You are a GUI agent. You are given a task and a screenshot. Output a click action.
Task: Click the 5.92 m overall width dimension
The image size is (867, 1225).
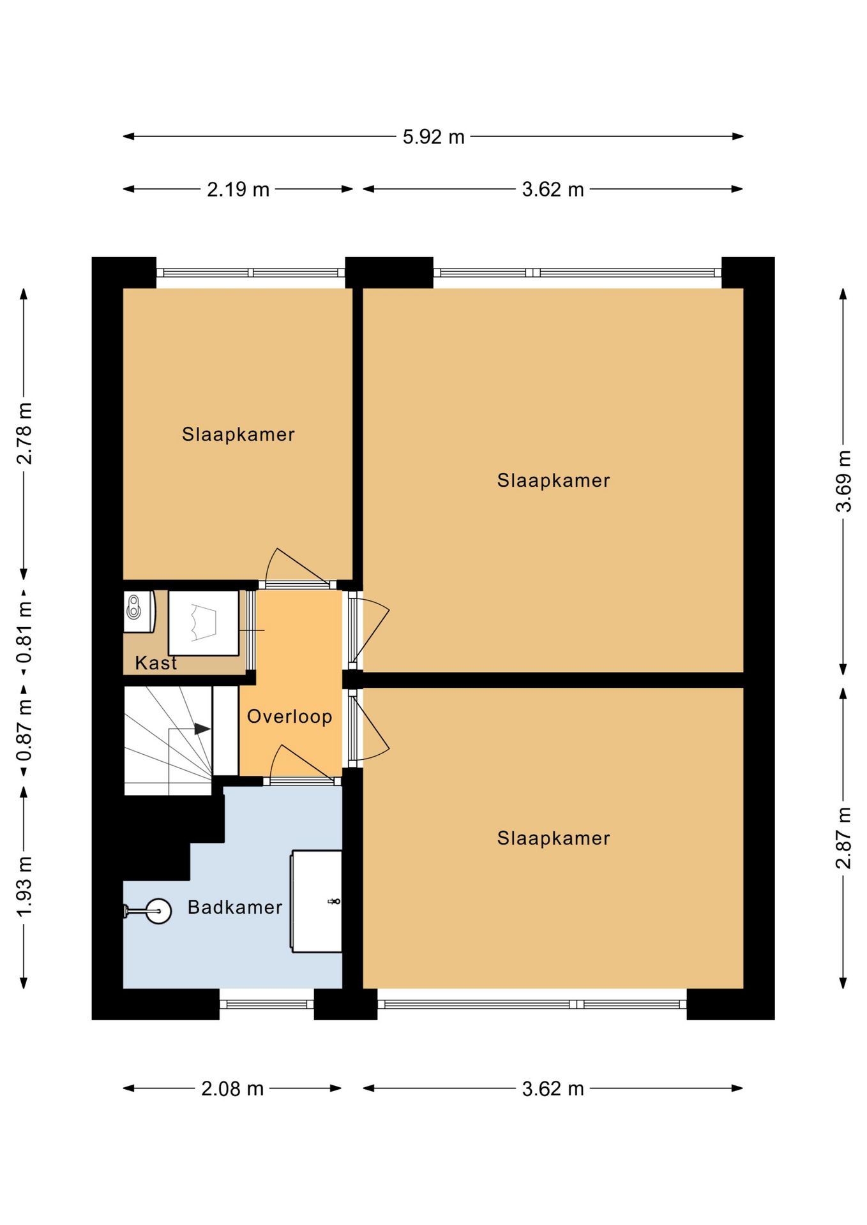(x=433, y=137)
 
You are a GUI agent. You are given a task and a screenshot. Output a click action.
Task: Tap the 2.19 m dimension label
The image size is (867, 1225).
(x=238, y=189)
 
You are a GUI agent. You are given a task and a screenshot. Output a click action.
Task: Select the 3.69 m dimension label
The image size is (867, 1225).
(x=844, y=481)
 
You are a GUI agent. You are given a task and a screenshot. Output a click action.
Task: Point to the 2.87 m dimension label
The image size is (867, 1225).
(x=844, y=838)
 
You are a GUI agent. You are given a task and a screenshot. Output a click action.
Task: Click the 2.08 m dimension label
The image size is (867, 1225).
(x=232, y=1088)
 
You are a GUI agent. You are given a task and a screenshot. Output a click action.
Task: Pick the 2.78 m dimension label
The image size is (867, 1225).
(x=24, y=434)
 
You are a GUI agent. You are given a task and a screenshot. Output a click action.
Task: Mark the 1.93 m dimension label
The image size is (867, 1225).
(x=24, y=887)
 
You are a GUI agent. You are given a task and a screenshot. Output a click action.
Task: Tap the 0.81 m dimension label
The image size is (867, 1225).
(x=24, y=633)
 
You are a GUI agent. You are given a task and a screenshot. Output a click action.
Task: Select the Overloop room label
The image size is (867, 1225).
(x=290, y=716)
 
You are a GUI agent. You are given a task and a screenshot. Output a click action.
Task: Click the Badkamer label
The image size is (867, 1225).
(x=235, y=907)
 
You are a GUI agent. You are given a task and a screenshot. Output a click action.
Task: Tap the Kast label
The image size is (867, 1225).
(x=156, y=663)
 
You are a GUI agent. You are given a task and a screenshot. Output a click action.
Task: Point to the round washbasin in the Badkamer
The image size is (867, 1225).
(x=158, y=911)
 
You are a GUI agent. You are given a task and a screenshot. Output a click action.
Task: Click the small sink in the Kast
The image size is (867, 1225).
(x=139, y=611)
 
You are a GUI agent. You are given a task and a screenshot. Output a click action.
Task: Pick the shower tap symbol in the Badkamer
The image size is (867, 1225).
(x=333, y=902)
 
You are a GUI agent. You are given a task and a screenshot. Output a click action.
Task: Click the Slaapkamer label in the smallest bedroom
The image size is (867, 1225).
(x=238, y=434)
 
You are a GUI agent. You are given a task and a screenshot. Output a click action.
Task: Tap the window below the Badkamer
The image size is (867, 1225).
(x=266, y=1004)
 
